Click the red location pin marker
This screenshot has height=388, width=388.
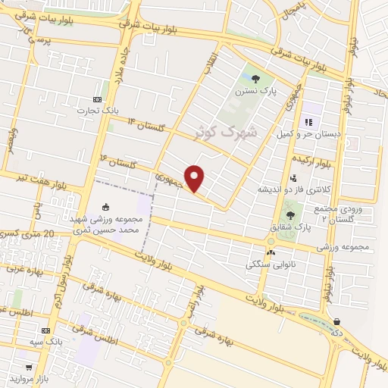(195, 178)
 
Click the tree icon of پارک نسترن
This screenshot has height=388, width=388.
(255, 79)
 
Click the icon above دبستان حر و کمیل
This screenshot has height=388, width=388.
(308, 122)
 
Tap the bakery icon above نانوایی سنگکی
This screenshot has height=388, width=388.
(271, 253)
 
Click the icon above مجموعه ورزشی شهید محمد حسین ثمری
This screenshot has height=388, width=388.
(105, 206)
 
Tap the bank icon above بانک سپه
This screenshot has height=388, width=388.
(45, 330)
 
